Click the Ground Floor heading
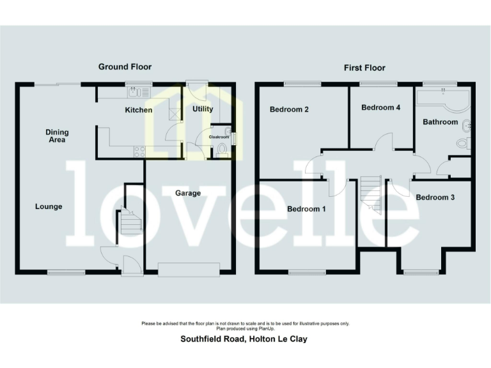pos(125,66)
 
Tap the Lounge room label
pos(49,206)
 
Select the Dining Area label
pos(57,136)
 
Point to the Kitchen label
pos(138,110)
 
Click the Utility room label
pos(203,109)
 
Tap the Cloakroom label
pos(219,136)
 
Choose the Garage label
pos(188,193)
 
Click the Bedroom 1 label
pos(306,209)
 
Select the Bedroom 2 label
pos(289,109)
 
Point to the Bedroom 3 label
pos(435,197)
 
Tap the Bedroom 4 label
pos(380,107)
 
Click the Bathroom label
pos(440,121)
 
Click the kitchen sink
pos(134,93)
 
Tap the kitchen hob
pos(138,151)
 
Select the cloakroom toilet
pos(222,150)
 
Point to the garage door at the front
pos(191,270)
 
